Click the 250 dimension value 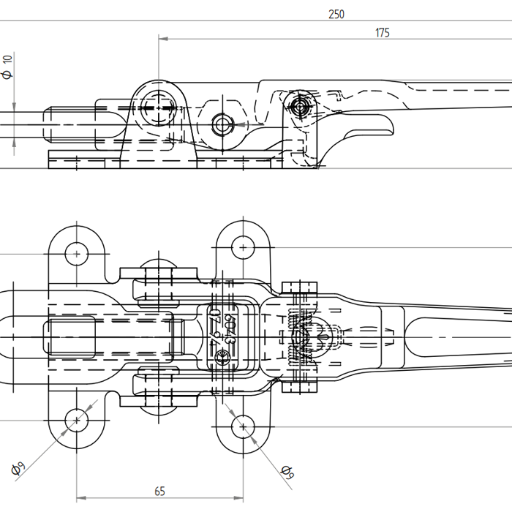coord(336,14)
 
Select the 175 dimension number coord(382,32)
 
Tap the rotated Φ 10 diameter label coord(8,67)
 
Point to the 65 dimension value coord(159,492)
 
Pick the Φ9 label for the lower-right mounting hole coord(287,473)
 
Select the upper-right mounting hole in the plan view coord(243,247)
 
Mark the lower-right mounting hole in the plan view coord(243,426)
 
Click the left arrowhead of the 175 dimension coord(163,38)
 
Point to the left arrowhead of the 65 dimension coord(80,498)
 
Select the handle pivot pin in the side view coord(300,107)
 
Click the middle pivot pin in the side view coord(222,124)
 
